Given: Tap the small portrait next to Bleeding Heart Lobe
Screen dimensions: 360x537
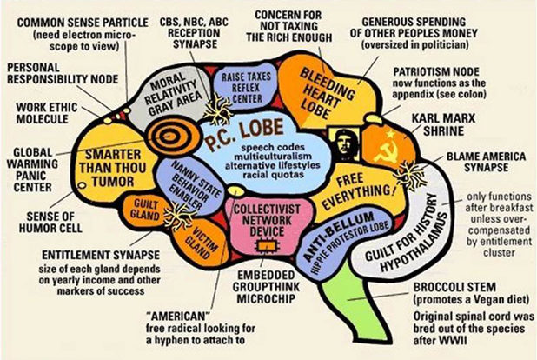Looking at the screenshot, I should [340, 140].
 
